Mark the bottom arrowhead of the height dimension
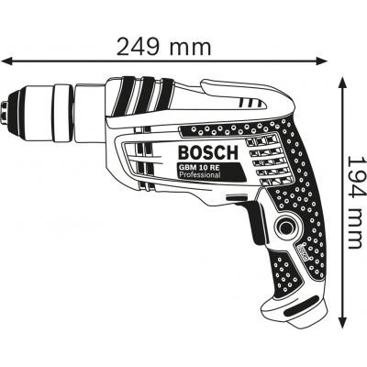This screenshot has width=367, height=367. (x=341, y=326)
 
